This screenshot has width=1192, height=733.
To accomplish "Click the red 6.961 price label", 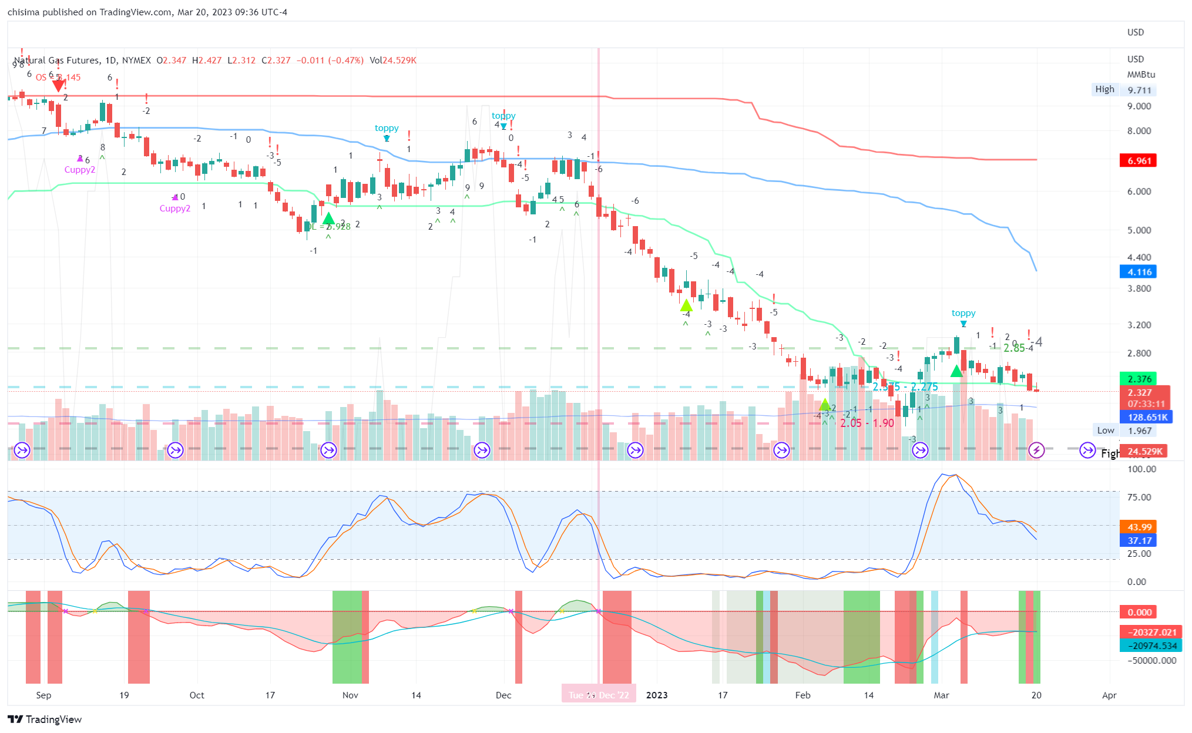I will [1138, 160].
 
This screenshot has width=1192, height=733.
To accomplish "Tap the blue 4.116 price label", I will [1138, 272].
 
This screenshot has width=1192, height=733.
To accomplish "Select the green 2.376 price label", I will [1138, 379].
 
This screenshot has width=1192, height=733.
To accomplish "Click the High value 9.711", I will [1139, 90].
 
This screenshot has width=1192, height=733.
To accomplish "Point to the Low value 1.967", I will [1139, 431].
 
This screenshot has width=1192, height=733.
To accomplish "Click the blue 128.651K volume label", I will [1146, 417].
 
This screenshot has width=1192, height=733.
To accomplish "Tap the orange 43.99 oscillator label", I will [1138, 527].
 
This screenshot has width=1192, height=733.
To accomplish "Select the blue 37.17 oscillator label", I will [1138, 540].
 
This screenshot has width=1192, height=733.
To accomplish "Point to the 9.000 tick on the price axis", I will [1139, 106].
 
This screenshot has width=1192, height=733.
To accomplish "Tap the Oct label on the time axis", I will [197, 695].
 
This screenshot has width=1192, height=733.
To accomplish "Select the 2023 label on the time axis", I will [657, 695].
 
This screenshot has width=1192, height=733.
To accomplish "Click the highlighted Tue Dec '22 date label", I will [599, 695].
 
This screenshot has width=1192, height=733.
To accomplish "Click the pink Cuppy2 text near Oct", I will [175, 209].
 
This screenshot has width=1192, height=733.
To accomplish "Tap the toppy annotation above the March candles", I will [963, 313].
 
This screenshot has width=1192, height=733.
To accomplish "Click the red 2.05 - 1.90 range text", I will [867, 423].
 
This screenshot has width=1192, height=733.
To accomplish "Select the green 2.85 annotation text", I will [1014, 348].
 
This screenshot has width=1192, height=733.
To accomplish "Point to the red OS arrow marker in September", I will [58, 86].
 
